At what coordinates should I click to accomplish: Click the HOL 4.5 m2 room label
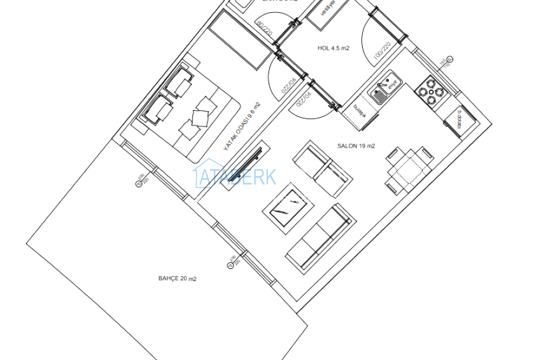click(333, 48)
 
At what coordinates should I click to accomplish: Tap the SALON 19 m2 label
click(356, 146)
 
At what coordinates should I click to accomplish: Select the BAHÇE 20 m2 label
click(177, 279)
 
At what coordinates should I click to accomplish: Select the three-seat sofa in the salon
click(319, 236)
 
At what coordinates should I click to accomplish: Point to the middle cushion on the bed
click(200, 117)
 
